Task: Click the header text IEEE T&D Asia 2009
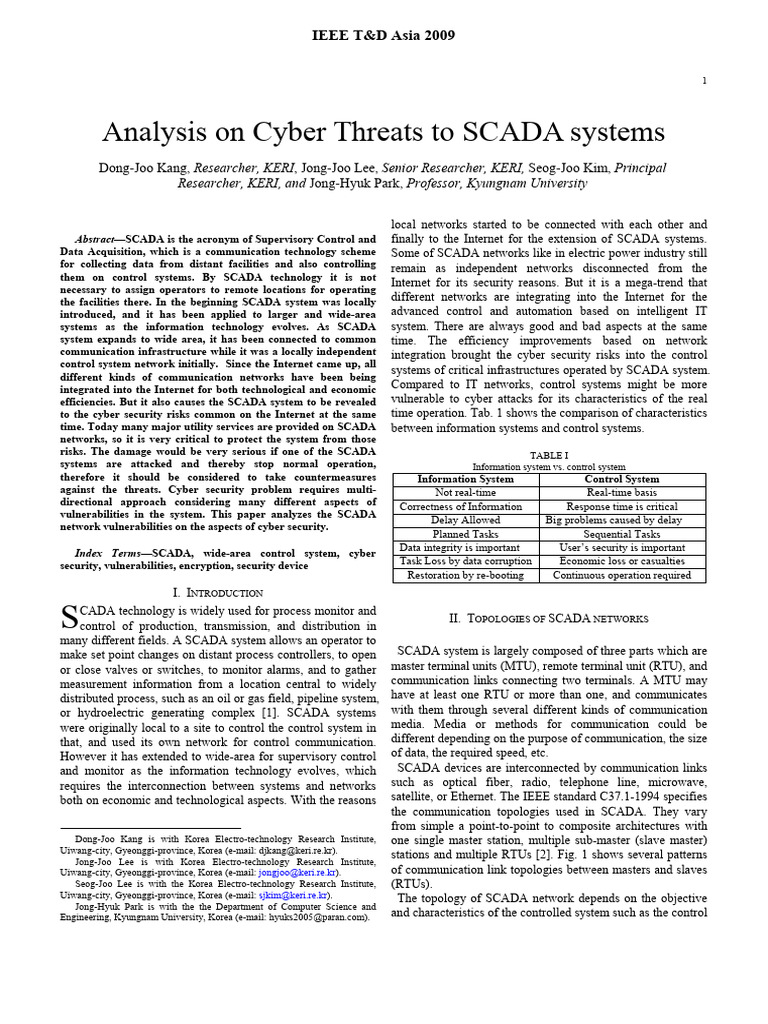385,35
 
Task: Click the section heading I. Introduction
217,593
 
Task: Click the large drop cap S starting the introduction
69,615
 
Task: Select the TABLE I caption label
548,454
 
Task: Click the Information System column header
465,479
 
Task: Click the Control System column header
622,479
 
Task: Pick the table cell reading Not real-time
465,493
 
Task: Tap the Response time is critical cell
622,507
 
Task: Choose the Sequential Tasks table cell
622,534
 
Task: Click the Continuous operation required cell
622,575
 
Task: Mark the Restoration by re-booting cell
465,575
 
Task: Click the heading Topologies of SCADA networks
548,619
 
